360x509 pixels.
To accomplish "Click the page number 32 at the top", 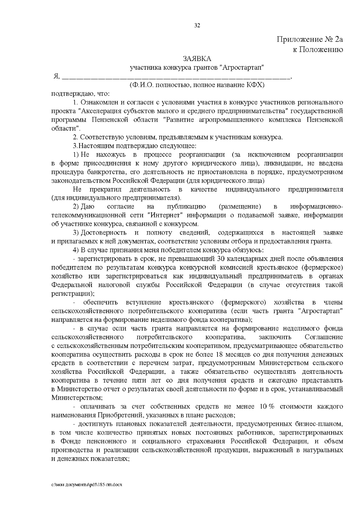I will pos(197,25).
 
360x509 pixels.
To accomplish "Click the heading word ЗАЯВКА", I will pos(197,58).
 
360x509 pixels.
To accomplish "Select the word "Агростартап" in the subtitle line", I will pos(244,67).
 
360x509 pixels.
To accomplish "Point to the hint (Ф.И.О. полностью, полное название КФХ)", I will pos(197,85).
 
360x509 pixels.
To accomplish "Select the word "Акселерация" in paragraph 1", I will pos(98,111).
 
